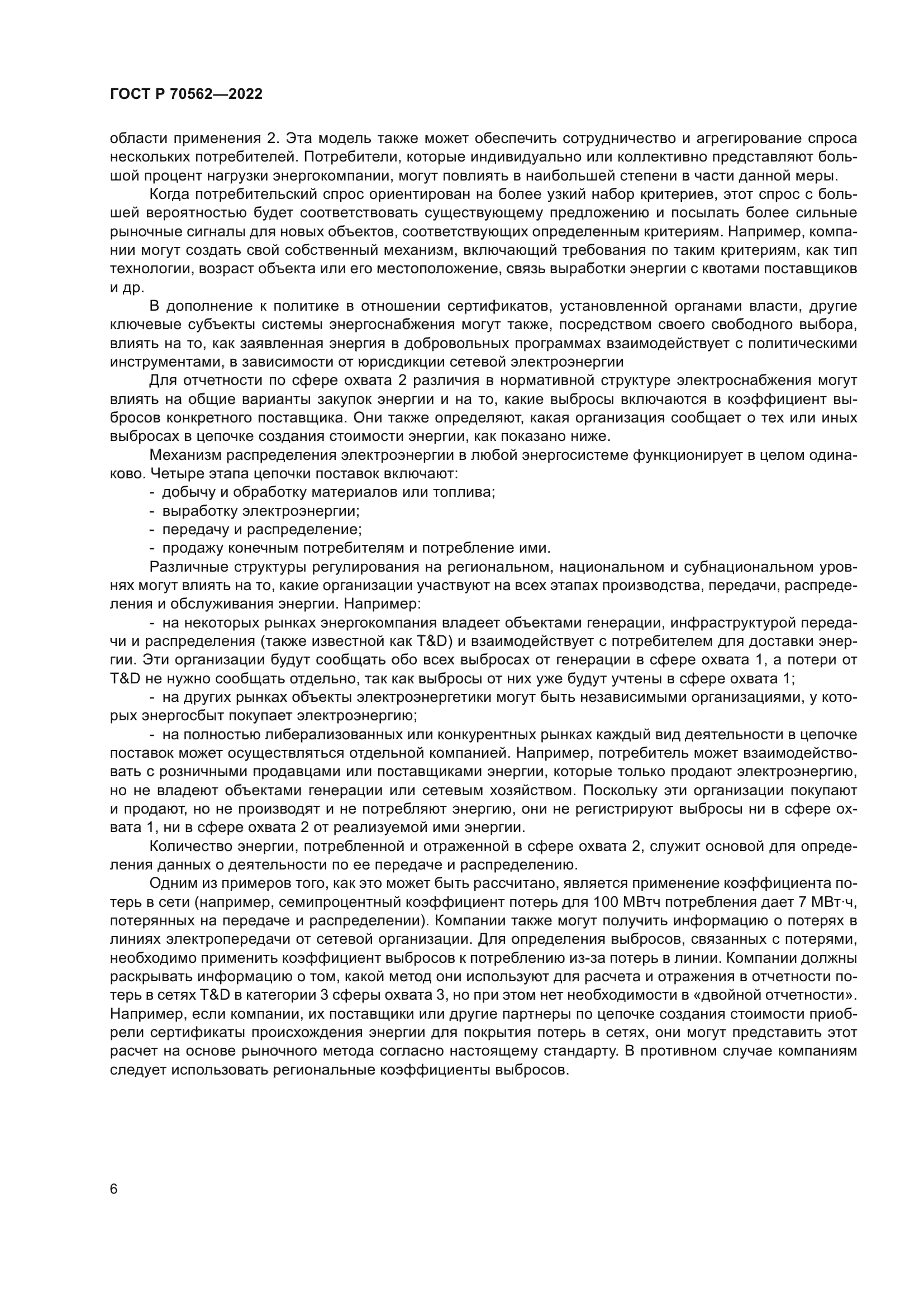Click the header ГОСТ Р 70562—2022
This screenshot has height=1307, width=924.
point(186,94)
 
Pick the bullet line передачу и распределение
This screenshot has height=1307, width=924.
point(261,529)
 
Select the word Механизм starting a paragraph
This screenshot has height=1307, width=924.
point(185,455)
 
